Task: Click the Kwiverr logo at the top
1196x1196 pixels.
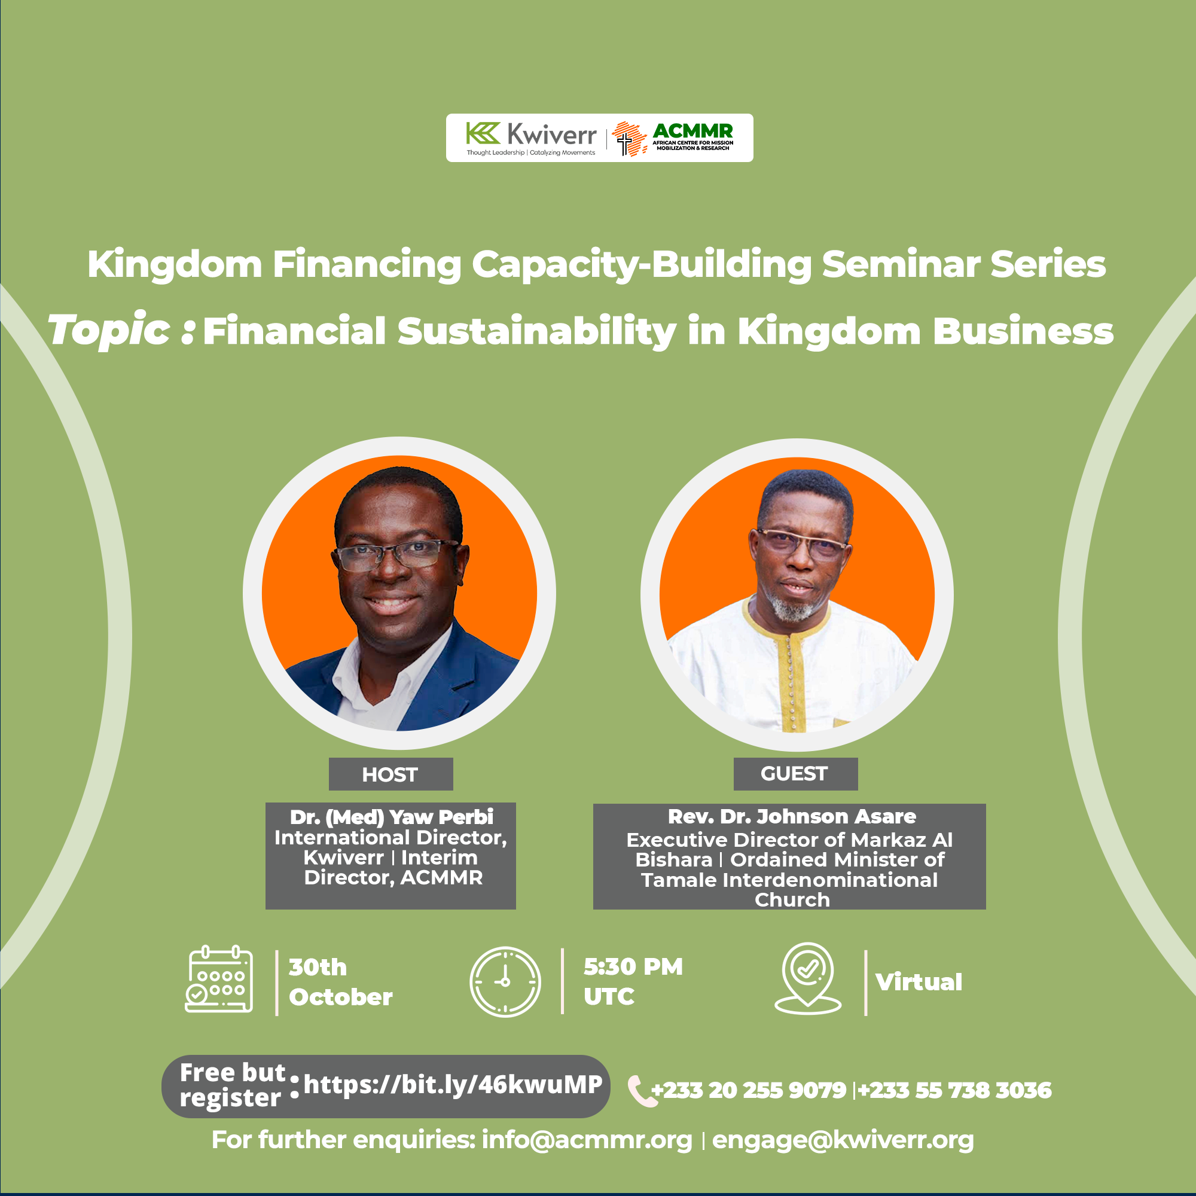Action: (531, 138)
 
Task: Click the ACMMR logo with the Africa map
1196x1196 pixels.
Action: (672, 138)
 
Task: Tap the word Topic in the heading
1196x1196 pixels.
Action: (109, 331)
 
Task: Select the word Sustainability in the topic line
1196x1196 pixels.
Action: (537, 331)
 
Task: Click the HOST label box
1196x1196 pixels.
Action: (390, 774)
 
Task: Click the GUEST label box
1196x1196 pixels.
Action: (795, 774)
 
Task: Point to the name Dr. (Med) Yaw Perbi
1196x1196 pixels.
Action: (391, 817)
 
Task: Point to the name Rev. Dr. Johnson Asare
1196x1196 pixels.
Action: (792, 816)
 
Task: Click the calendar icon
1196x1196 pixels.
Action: (219, 980)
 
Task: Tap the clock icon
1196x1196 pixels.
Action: (505, 981)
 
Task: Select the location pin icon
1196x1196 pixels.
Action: (808, 979)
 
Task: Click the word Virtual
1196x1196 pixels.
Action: (919, 982)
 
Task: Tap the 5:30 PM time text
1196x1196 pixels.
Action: (633, 967)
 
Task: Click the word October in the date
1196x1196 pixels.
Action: (340, 997)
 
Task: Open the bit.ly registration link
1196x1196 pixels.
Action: (453, 1085)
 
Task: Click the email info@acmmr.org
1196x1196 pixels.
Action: (587, 1140)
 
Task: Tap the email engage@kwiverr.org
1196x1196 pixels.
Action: (843, 1140)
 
